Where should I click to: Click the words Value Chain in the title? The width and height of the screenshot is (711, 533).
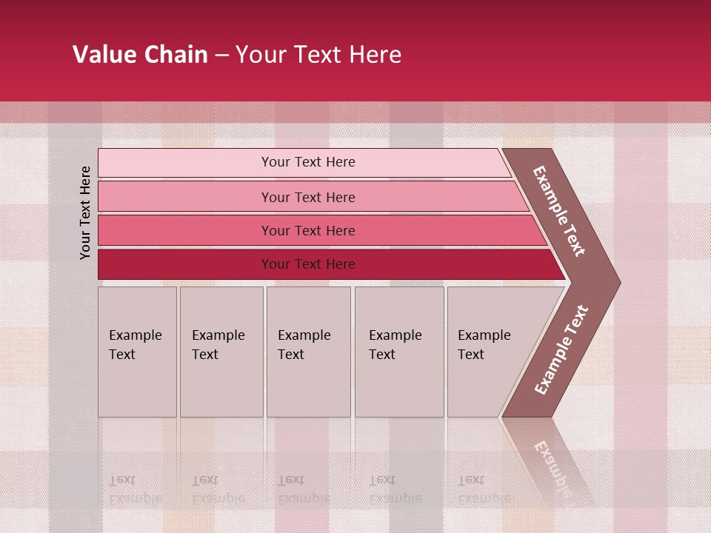(140, 55)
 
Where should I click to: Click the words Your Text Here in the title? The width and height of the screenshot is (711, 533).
(318, 55)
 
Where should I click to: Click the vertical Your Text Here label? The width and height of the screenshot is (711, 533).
(86, 212)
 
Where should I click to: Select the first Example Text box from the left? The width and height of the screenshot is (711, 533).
(137, 352)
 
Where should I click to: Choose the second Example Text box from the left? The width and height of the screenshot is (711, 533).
(221, 352)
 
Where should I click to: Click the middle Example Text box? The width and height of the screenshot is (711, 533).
(308, 352)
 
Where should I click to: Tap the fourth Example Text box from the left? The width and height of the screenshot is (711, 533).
(399, 352)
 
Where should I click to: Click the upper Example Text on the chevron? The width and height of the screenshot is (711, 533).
(559, 211)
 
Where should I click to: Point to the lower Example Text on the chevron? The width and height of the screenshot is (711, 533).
(561, 350)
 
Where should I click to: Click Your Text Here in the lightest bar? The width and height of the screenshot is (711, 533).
(308, 162)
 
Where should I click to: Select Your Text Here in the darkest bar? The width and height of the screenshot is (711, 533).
(308, 264)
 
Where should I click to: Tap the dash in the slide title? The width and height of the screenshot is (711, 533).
(221, 56)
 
